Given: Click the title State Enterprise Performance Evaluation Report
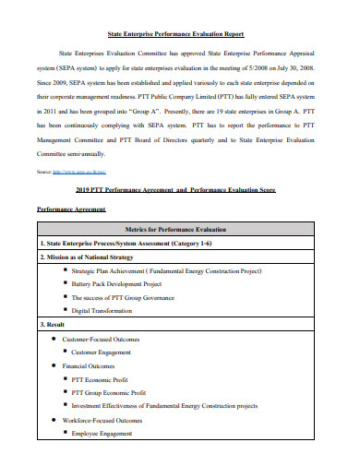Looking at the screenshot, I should [x=179, y=30].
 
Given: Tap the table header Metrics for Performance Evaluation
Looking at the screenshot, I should [x=179, y=228].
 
